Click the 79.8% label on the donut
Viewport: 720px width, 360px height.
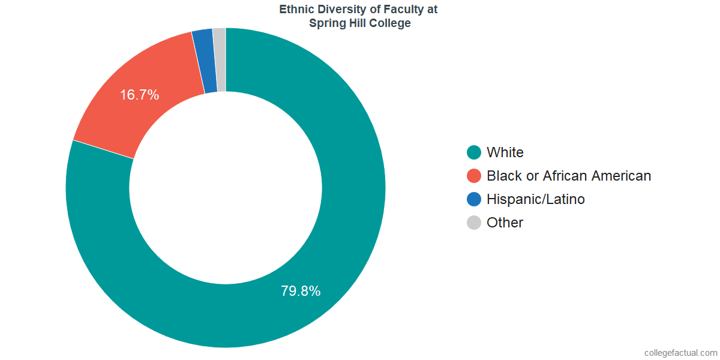click(301, 291)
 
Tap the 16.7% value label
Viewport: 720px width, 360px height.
click(139, 94)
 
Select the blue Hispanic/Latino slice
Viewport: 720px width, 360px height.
click(205, 61)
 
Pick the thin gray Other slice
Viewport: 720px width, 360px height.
click(220, 59)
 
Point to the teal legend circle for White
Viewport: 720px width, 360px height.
click(474, 152)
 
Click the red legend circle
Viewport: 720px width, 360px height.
click(474, 176)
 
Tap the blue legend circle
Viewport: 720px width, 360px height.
click(474, 199)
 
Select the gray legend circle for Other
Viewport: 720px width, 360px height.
click(474, 223)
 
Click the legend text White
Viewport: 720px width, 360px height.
click(505, 152)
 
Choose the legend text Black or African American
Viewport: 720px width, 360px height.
click(569, 176)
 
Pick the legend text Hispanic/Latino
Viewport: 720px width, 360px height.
click(536, 199)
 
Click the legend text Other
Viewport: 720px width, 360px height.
click(505, 223)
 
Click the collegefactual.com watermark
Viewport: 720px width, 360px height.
click(680, 353)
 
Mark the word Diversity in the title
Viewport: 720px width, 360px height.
click(340, 10)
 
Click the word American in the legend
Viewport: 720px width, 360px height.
click(621, 176)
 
